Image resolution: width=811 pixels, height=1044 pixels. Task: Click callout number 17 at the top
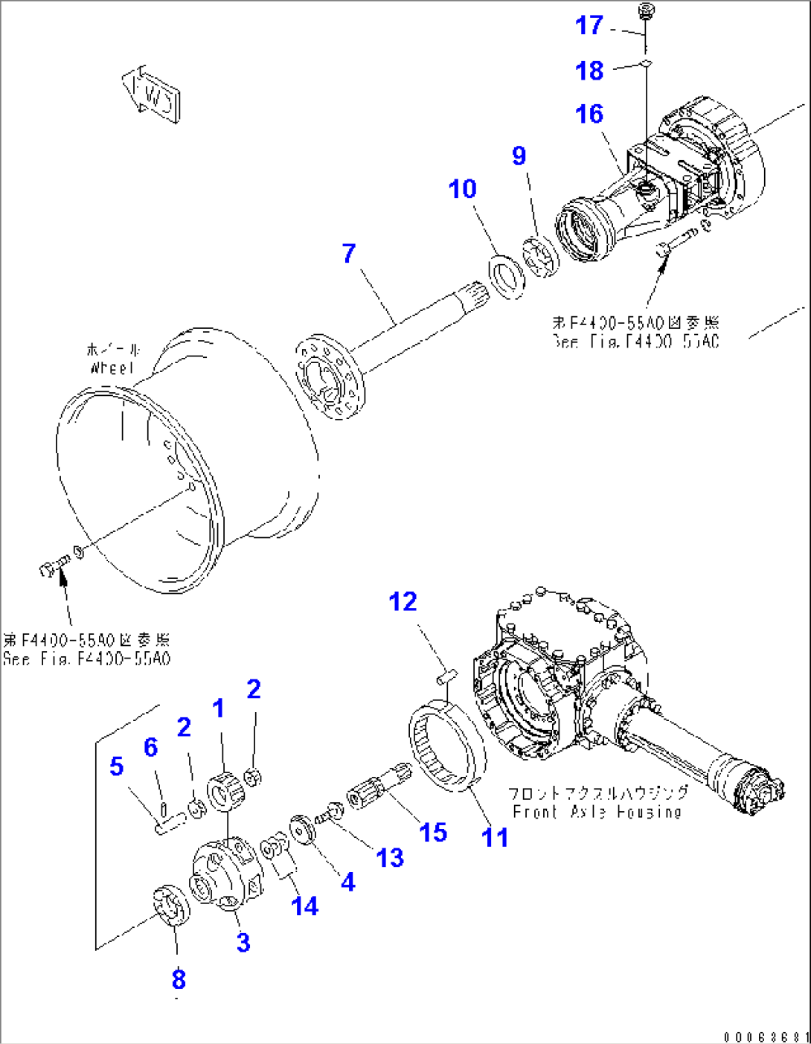[x=589, y=25]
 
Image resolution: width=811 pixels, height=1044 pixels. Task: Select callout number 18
[x=589, y=71]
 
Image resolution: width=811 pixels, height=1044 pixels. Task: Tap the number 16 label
[x=589, y=114]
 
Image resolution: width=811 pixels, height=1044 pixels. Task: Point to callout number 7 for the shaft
[x=349, y=253]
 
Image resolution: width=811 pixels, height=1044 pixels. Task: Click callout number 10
[x=462, y=189]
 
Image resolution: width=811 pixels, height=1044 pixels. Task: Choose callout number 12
[x=403, y=601]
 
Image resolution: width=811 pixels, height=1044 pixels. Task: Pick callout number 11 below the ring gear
[x=495, y=837]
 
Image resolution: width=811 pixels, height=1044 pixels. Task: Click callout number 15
[x=433, y=832]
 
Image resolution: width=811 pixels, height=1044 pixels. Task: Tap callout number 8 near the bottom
[x=179, y=979]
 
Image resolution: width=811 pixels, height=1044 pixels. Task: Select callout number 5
[x=117, y=766]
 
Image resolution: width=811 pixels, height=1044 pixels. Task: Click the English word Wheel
[x=112, y=368]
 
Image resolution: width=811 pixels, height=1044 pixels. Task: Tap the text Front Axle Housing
[x=597, y=812]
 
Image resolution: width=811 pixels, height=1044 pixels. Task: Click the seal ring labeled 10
[x=507, y=278]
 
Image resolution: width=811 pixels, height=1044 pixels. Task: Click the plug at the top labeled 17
[x=646, y=11]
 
